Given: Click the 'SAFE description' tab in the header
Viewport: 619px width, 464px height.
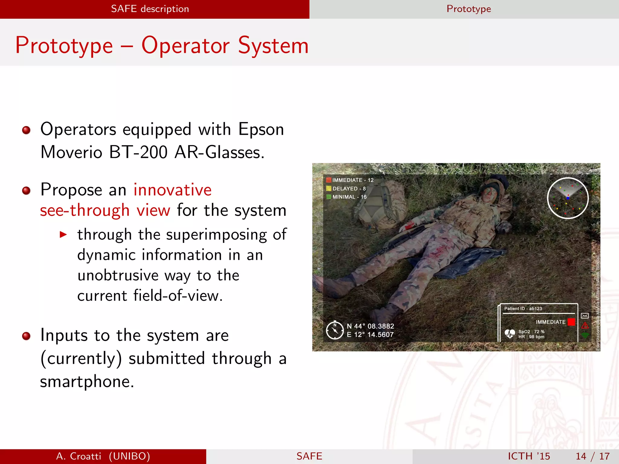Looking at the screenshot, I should click(x=150, y=9).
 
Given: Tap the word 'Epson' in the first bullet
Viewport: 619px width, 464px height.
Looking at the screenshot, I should click(x=261, y=130).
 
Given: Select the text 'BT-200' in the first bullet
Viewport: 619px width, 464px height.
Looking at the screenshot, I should click(x=138, y=152).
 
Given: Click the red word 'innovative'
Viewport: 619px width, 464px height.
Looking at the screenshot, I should click(x=173, y=190).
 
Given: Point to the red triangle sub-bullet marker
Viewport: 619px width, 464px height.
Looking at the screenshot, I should click(x=63, y=234).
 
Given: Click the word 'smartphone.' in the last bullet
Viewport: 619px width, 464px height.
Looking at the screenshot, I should click(x=87, y=382).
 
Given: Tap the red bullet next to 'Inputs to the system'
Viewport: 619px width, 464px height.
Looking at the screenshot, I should click(x=27, y=336).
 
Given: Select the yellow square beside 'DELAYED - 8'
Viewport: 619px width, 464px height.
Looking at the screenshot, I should click(x=329, y=188).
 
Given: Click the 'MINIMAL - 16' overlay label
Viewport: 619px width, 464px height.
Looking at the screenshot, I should click(x=349, y=197).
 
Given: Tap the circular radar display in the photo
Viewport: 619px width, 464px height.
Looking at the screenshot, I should click(x=568, y=198).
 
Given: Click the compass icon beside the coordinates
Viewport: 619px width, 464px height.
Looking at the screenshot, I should click(x=335, y=330).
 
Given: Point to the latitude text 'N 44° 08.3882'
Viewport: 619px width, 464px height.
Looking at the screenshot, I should click(x=370, y=326).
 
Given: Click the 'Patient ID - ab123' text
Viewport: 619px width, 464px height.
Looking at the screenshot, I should click(x=523, y=308).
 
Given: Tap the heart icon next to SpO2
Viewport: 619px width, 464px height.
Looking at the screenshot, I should click(x=510, y=334).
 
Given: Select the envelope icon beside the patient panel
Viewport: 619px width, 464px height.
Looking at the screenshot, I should click(x=585, y=316).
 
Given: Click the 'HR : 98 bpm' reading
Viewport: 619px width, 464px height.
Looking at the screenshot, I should click(x=531, y=337).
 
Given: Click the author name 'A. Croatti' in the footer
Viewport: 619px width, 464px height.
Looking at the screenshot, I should click(x=79, y=456).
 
